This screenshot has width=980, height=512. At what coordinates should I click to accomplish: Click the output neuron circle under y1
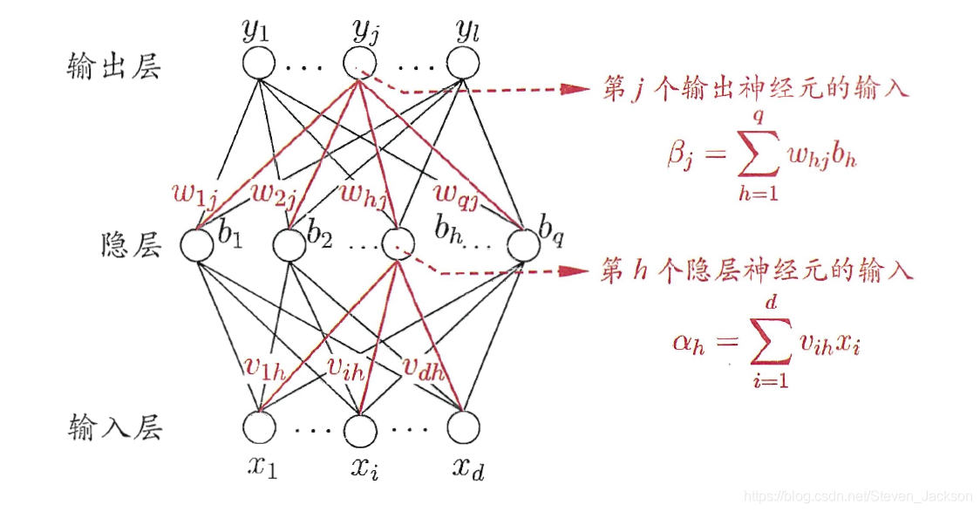tap(258, 64)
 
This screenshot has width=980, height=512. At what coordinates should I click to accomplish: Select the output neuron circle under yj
tap(360, 64)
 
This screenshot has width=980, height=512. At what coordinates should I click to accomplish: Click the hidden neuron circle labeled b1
tap(197, 245)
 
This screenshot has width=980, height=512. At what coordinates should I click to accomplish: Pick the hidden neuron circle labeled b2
tap(289, 245)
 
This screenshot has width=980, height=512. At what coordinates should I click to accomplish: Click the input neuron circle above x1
tap(259, 427)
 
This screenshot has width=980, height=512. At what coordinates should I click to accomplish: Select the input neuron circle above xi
tap(361, 427)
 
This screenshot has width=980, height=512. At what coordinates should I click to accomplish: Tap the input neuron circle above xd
tap(463, 427)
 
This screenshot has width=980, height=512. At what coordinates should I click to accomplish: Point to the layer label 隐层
tap(132, 247)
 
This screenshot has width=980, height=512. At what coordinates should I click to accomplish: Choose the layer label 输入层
tap(114, 429)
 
